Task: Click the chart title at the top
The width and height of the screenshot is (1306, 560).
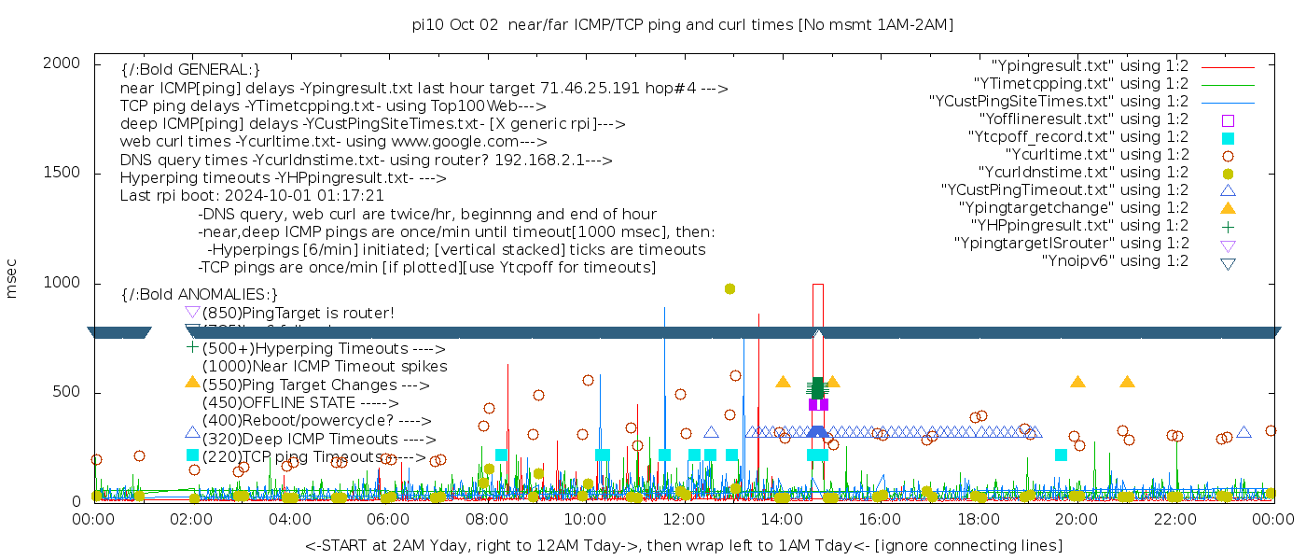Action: (x=683, y=25)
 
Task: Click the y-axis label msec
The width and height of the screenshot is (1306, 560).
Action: (x=12, y=279)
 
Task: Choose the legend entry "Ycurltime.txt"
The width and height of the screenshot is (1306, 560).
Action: (x=1096, y=155)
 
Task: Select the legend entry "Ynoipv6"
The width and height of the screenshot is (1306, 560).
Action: (x=1115, y=261)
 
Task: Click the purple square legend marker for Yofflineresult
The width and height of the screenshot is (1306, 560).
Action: (x=1228, y=119)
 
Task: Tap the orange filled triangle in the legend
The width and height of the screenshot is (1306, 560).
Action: (x=1228, y=208)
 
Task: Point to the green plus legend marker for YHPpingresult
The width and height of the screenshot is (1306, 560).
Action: (x=1228, y=226)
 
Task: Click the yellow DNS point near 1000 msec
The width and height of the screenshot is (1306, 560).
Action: (x=729, y=288)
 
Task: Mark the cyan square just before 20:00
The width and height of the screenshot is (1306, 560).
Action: (x=1061, y=455)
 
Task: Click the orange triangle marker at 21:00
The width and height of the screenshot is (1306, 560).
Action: (x=1127, y=382)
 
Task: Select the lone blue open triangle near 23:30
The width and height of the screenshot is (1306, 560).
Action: (x=1243, y=432)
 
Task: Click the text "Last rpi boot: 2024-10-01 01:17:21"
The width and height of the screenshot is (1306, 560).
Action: (x=252, y=196)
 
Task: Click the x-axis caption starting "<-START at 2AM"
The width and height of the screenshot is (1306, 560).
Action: (x=683, y=545)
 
